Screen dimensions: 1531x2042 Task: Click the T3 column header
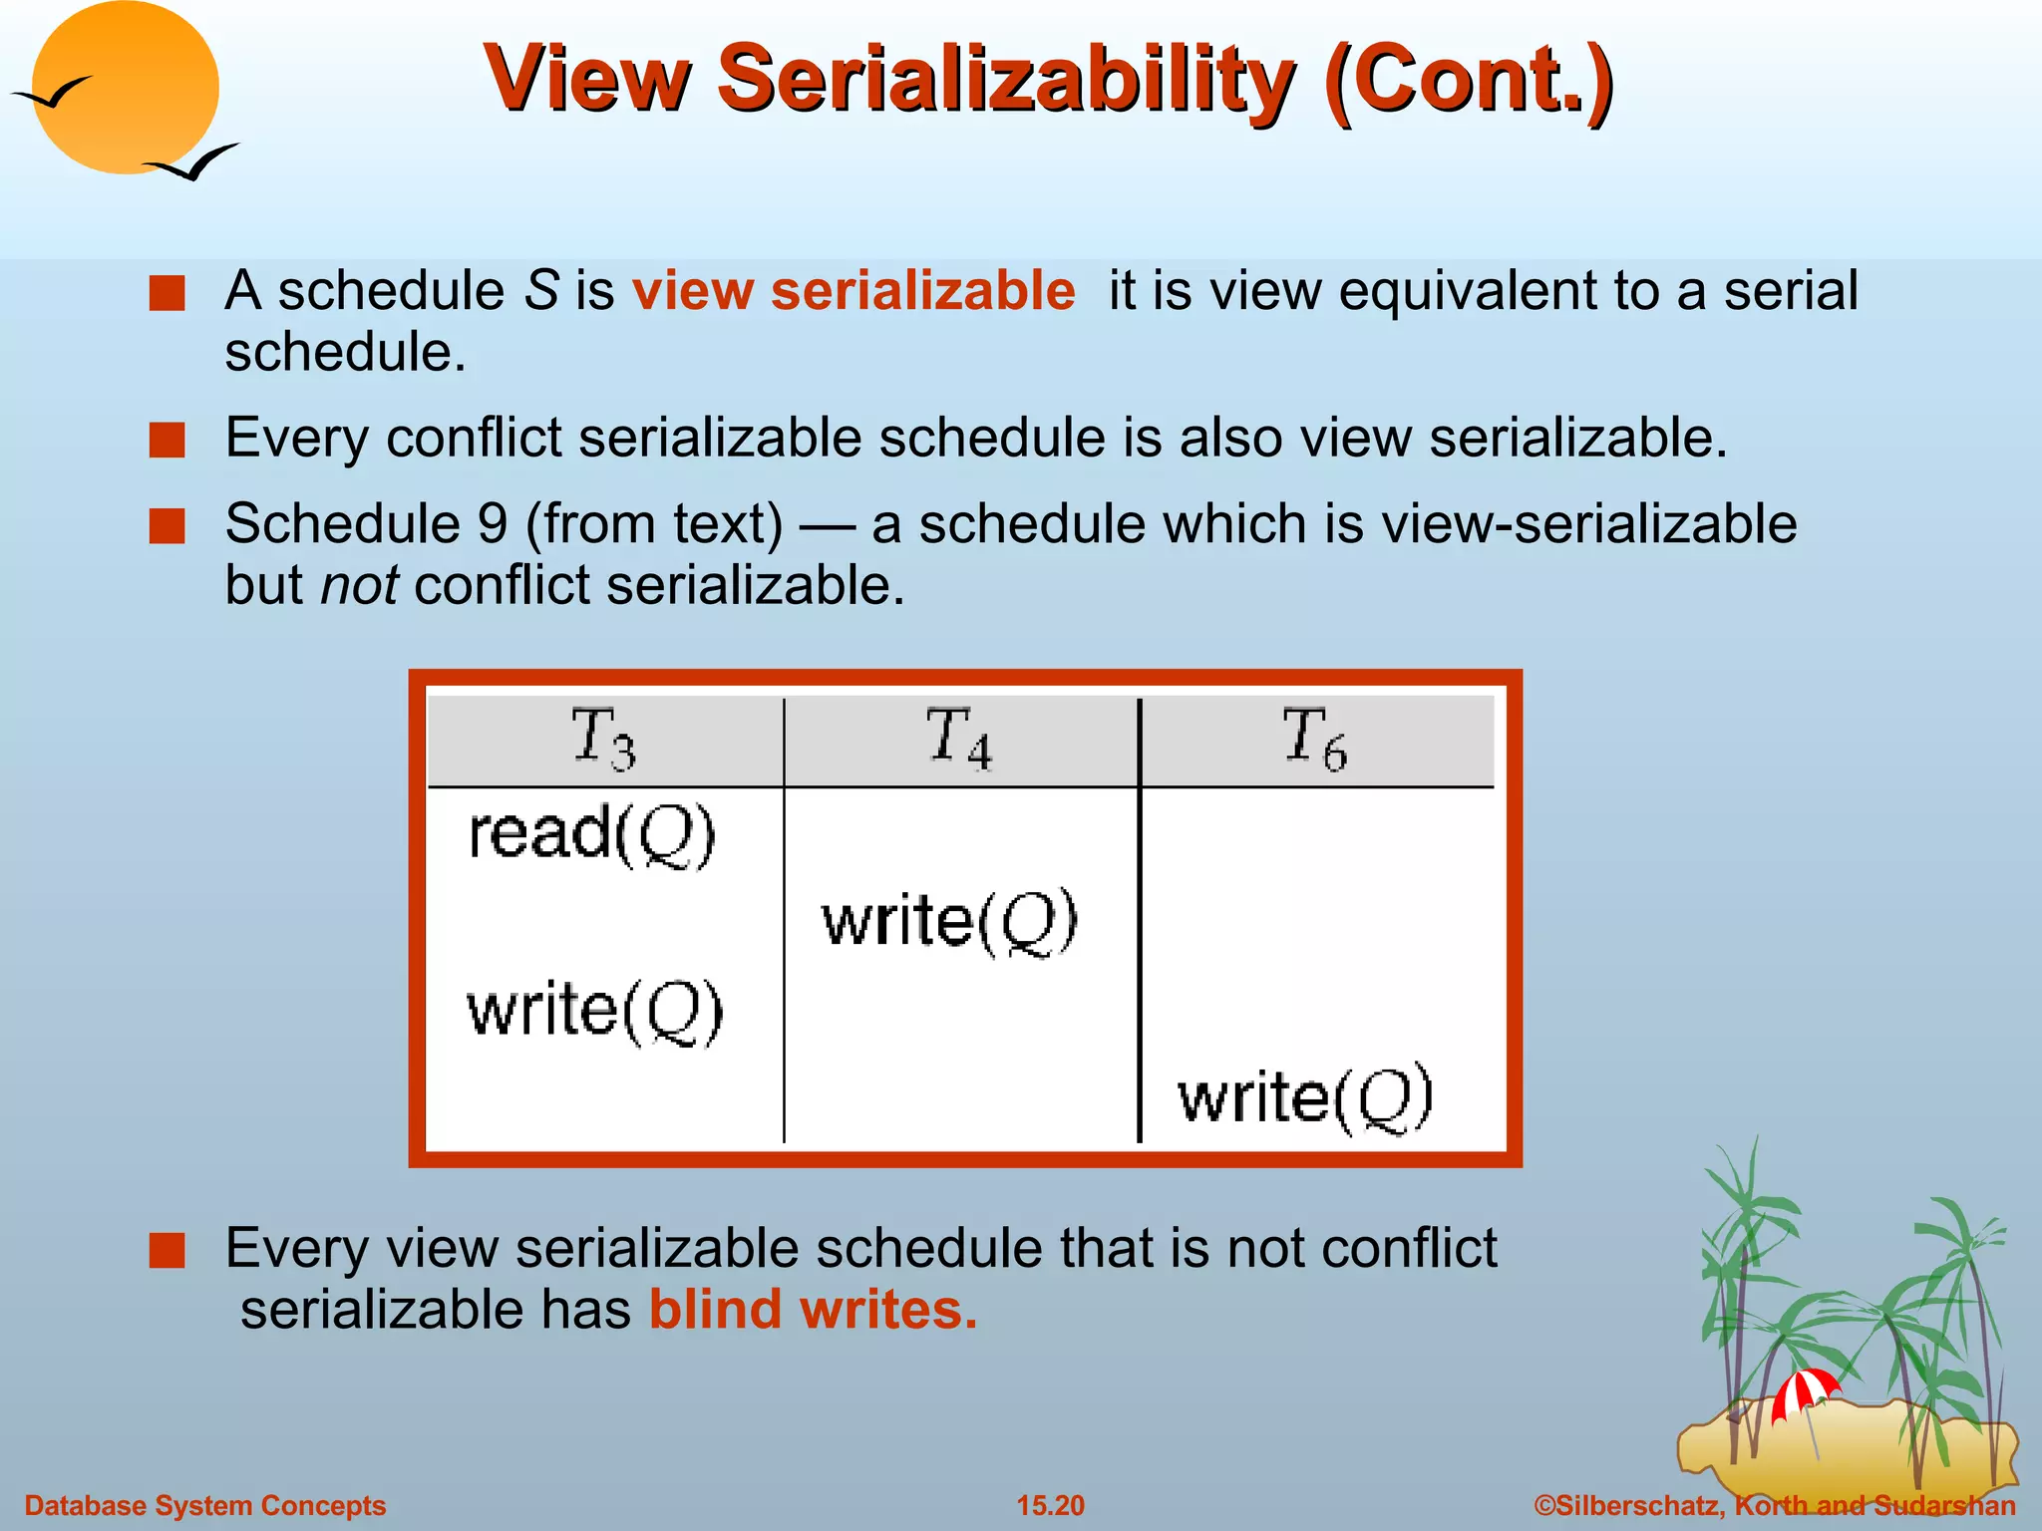click(603, 739)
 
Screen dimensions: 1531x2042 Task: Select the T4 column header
click(959, 739)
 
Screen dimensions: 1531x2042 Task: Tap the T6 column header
click(1314, 739)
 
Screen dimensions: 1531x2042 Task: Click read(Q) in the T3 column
click(592, 834)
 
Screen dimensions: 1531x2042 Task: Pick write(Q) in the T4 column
click(949, 921)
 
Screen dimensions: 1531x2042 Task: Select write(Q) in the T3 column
click(595, 1011)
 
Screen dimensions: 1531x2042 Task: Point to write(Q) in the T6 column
click(1305, 1098)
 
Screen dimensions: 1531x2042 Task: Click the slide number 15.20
click(1050, 1505)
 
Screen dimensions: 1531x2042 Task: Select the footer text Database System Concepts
click(205, 1505)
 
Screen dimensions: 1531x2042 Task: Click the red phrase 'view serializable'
click(853, 291)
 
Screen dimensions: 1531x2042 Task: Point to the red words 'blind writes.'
click(813, 1309)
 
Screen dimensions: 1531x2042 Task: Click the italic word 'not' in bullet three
click(359, 585)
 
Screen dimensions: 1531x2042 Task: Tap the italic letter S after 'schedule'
click(541, 291)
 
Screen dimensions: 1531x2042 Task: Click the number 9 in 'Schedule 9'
click(493, 524)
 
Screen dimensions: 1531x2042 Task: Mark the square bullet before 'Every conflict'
click(168, 440)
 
